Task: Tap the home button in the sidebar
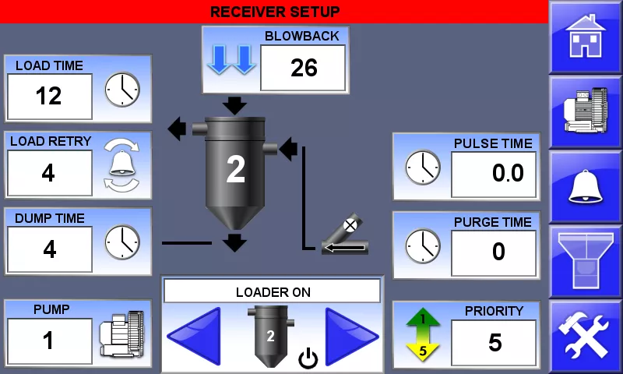pos(586,37)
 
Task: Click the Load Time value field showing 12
pos(49,96)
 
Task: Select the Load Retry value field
pos(49,172)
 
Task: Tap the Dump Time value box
pos(49,249)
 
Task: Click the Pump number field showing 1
pos(49,340)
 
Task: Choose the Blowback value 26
pos(303,68)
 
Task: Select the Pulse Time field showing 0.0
pos(494,174)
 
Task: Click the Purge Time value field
pos(494,252)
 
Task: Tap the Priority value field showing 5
pos(494,342)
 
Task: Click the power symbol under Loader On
pos(308,359)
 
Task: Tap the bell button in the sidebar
pos(586,186)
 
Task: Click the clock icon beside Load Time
pos(122,90)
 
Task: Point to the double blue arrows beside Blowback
pos(231,60)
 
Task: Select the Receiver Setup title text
pos(275,12)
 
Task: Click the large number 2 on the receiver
pos(235,170)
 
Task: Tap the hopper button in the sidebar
pos(586,261)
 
